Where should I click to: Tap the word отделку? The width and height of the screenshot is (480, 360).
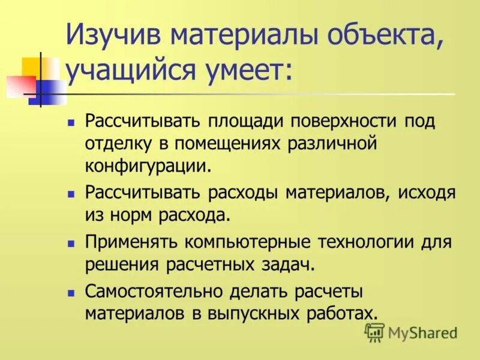(118, 143)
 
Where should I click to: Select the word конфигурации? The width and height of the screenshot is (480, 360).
(149, 164)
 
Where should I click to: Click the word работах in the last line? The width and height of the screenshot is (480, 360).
(346, 313)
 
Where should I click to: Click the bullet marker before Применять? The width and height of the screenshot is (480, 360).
(71, 244)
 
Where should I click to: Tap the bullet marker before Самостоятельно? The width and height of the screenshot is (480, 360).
(71, 293)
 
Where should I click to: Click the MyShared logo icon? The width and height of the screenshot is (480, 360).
(374, 332)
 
